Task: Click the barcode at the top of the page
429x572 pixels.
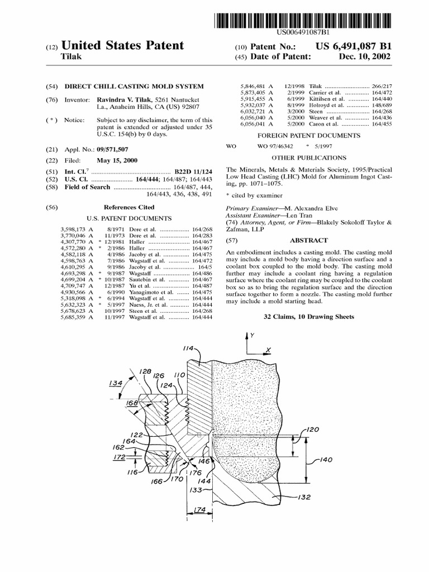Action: pyautogui.click(x=302, y=20)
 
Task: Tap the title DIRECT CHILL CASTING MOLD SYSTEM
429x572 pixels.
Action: pyautogui.click(x=135, y=87)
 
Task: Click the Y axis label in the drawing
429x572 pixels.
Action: pyautogui.click(x=252, y=336)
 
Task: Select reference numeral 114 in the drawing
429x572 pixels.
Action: pyautogui.click(x=188, y=348)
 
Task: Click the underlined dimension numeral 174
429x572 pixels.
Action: pyautogui.click(x=198, y=509)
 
